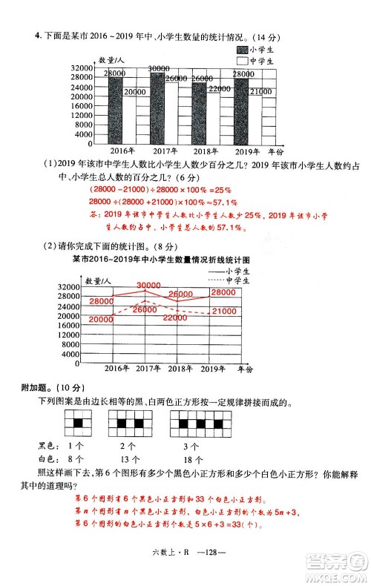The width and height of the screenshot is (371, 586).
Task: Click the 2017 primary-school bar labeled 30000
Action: point(157,108)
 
